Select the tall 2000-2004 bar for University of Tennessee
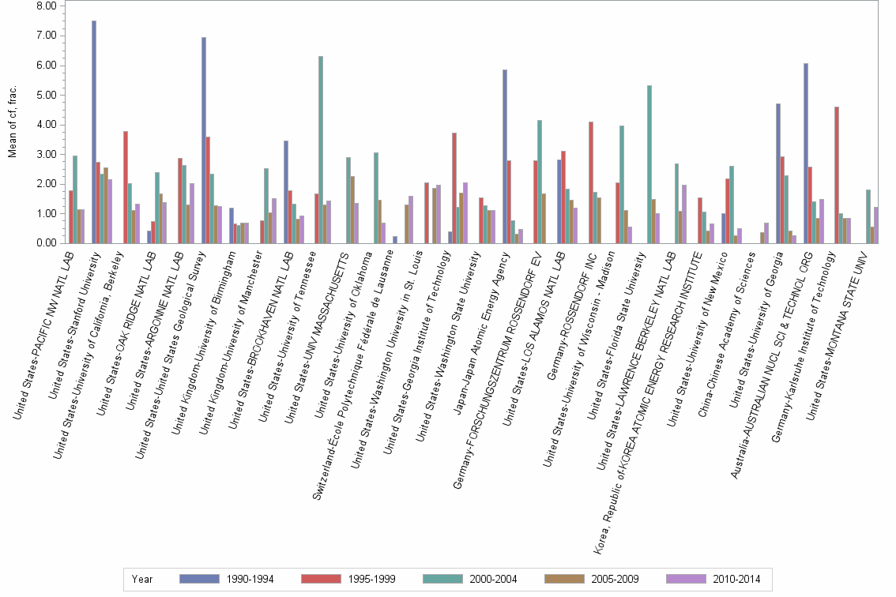pyautogui.click(x=321, y=150)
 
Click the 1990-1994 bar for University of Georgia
pyautogui.click(x=778, y=174)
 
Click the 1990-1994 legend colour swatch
pyautogui.click(x=200, y=579)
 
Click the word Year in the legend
pyautogui.click(x=143, y=579)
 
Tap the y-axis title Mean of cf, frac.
pyautogui.click(x=13, y=122)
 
